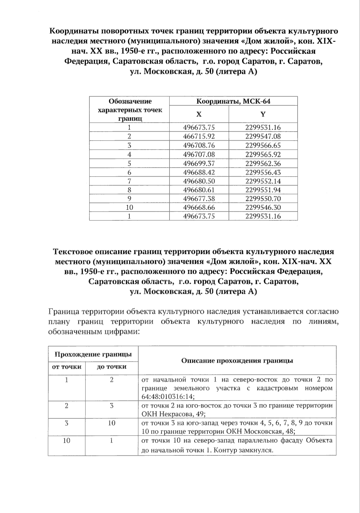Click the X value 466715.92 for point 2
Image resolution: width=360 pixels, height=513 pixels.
(x=199, y=136)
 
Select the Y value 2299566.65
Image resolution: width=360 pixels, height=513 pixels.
(x=263, y=145)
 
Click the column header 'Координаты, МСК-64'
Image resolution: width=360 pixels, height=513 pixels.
(x=233, y=101)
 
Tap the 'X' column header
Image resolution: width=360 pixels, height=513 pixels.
(x=199, y=114)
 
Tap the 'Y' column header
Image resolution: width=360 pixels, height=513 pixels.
(x=263, y=114)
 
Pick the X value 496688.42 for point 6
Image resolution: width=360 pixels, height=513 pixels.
(x=199, y=172)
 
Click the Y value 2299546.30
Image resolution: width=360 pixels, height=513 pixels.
(x=263, y=207)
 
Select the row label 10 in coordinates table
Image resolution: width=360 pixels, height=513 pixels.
(x=129, y=207)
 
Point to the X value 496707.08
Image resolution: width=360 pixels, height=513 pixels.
(x=199, y=154)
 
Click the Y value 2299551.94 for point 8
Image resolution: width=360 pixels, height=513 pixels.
(x=263, y=190)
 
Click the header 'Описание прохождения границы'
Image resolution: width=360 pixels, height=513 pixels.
(x=237, y=361)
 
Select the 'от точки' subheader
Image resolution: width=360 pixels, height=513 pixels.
(x=67, y=367)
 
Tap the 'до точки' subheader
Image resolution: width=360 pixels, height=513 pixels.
(x=112, y=367)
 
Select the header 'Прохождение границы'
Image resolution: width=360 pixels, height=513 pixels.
(x=93, y=354)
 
